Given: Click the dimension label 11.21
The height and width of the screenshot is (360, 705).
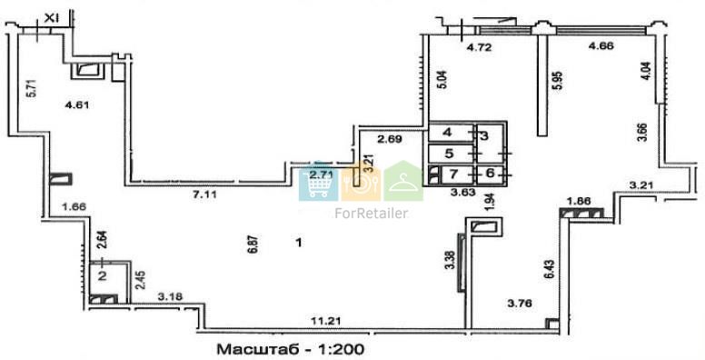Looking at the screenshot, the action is (x=326, y=321).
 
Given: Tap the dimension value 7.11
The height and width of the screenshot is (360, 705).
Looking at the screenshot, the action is (x=202, y=195).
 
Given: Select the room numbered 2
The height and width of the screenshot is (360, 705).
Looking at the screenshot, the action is (x=103, y=275).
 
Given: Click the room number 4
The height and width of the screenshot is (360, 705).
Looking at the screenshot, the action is (x=448, y=133).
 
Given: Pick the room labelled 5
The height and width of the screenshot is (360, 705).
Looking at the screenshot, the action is (x=449, y=154).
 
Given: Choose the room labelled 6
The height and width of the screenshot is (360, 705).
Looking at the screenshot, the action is (x=490, y=173).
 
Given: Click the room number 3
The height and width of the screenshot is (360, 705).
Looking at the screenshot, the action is (x=484, y=135).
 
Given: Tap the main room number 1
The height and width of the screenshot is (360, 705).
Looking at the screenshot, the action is (x=299, y=243).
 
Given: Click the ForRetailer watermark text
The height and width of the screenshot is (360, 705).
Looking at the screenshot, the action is (x=372, y=213).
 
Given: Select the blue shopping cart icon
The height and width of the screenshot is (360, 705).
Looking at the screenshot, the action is (x=318, y=181).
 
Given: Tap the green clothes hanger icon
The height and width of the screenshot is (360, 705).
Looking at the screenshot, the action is (x=403, y=181).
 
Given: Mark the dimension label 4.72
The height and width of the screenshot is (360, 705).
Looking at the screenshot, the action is (x=479, y=47).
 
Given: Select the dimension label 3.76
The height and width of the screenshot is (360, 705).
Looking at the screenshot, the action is (x=520, y=304).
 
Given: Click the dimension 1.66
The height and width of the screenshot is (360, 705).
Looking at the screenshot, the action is (x=74, y=207).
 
